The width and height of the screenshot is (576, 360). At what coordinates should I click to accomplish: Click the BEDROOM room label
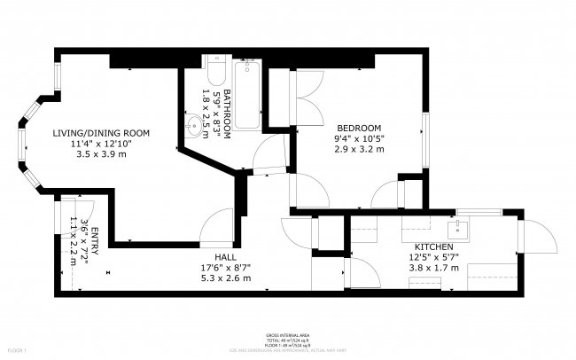click(x=359, y=126)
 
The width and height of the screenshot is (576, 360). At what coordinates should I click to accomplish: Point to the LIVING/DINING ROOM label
click(x=99, y=132)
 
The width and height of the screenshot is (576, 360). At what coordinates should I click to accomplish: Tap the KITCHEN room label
click(x=434, y=246)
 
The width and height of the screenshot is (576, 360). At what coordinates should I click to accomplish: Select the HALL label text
click(x=213, y=256)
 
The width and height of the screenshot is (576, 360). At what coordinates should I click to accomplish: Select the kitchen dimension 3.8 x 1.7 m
click(x=434, y=267)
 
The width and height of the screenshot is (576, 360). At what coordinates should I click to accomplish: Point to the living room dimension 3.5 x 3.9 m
click(x=99, y=154)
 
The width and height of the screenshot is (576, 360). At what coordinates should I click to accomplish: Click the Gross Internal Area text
click(x=288, y=334)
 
